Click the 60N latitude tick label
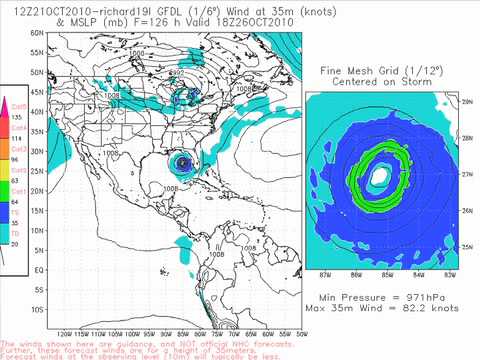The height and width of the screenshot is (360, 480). coord(36,32)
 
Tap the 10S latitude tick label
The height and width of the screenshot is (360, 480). coord(36,309)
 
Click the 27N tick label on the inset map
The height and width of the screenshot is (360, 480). coord(465,171)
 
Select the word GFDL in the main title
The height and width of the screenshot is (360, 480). coord(163,8)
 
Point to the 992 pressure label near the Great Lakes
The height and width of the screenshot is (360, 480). coord(176,71)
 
